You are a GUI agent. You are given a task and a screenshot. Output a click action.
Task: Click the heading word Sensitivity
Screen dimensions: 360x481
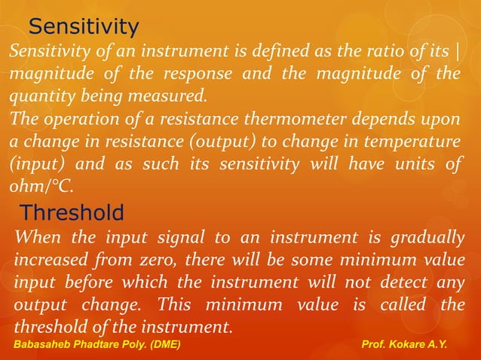(84, 28)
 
